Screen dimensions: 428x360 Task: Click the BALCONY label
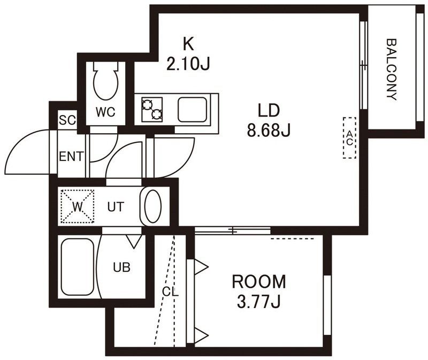pos(392,70)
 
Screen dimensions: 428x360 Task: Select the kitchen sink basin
pos(192,110)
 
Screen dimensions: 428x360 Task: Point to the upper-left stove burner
pos(148,104)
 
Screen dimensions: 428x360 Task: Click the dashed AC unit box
pos(350,138)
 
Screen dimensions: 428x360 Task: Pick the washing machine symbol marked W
pos(78,206)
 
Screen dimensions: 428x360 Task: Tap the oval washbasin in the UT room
pos(153,206)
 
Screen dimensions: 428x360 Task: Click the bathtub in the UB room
pos(78,267)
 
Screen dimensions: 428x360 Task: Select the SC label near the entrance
pos(67,120)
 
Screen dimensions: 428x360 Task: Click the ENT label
pos(71,157)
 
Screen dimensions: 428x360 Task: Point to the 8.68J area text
pos(269,130)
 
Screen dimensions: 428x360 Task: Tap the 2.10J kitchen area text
pos(188,64)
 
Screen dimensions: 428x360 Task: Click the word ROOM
pos(259,282)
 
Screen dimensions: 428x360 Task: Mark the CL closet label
pos(170,292)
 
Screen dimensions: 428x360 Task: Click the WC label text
pos(105,112)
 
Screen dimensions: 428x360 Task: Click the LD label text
pos(269,110)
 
